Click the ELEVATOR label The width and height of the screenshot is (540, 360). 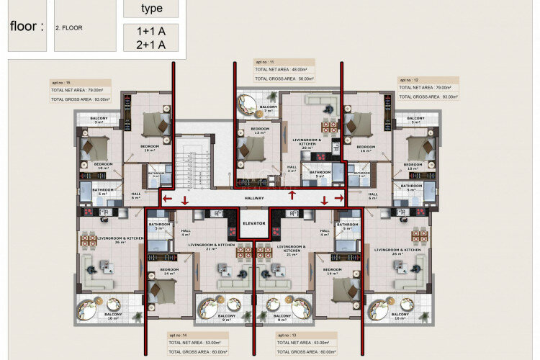(x=253, y=224)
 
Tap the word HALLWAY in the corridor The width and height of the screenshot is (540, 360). (x=254, y=198)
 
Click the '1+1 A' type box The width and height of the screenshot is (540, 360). (x=150, y=31)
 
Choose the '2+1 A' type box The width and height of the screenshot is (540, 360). (x=150, y=45)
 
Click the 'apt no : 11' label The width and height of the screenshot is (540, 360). (x=266, y=63)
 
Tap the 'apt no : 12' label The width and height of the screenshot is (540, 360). (x=410, y=79)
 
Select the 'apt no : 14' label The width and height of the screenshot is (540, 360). (x=179, y=336)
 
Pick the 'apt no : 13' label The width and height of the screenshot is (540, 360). (x=288, y=336)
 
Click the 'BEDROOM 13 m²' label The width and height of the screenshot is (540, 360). (x=259, y=131)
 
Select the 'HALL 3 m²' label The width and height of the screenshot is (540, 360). (x=292, y=169)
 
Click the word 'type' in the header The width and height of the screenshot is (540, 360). (x=151, y=9)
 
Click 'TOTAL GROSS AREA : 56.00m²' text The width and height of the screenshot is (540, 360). (x=288, y=78)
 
